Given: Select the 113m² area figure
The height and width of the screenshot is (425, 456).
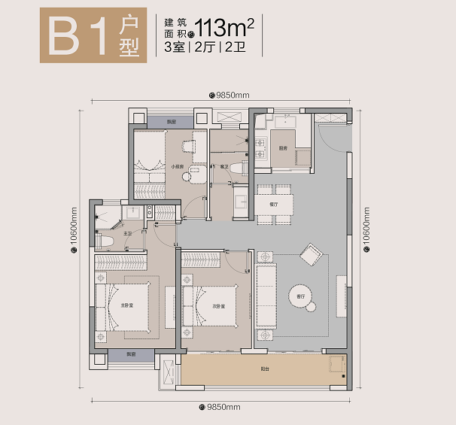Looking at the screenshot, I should click(224, 28).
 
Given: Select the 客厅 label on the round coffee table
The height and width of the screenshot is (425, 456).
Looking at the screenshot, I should click(300, 296).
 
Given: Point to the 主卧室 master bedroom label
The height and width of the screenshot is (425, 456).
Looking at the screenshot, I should click(126, 305).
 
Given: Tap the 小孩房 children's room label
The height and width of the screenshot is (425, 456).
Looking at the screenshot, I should click(178, 167).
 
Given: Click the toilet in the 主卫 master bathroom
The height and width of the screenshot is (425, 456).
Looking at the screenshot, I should click(105, 239).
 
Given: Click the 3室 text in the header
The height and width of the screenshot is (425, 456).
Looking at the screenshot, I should click(175, 47).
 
